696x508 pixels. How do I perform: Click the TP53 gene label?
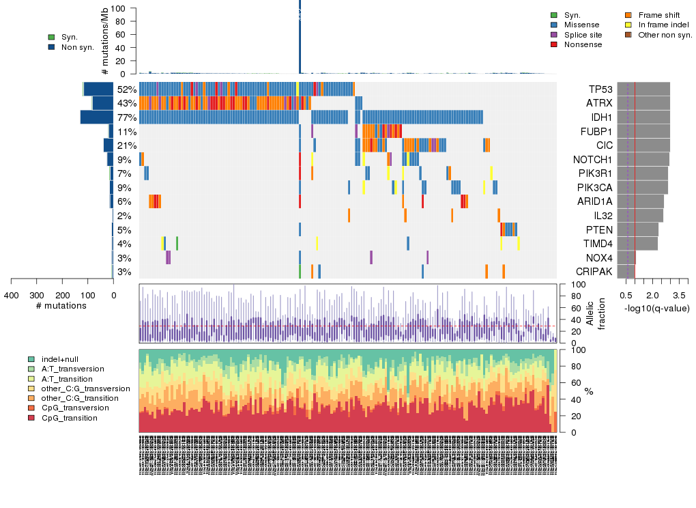click(600, 89)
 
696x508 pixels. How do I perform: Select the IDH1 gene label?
click(600, 117)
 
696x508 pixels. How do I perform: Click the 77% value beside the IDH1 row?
click(127, 117)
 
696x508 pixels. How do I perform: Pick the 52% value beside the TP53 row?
click(127, 89)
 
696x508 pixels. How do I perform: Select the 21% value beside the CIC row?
click(127, 145)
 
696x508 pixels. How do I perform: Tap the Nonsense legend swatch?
click(554, 44)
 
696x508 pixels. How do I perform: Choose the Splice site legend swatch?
click(554, 35)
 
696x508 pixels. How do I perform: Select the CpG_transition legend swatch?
click(31, 418)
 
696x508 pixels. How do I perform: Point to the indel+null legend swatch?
click(31, 359)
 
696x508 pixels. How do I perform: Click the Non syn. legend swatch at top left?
click(52, 47)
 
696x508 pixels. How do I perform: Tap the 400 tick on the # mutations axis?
click(12, 295)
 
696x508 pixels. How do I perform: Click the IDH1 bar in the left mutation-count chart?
click(96, 117)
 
